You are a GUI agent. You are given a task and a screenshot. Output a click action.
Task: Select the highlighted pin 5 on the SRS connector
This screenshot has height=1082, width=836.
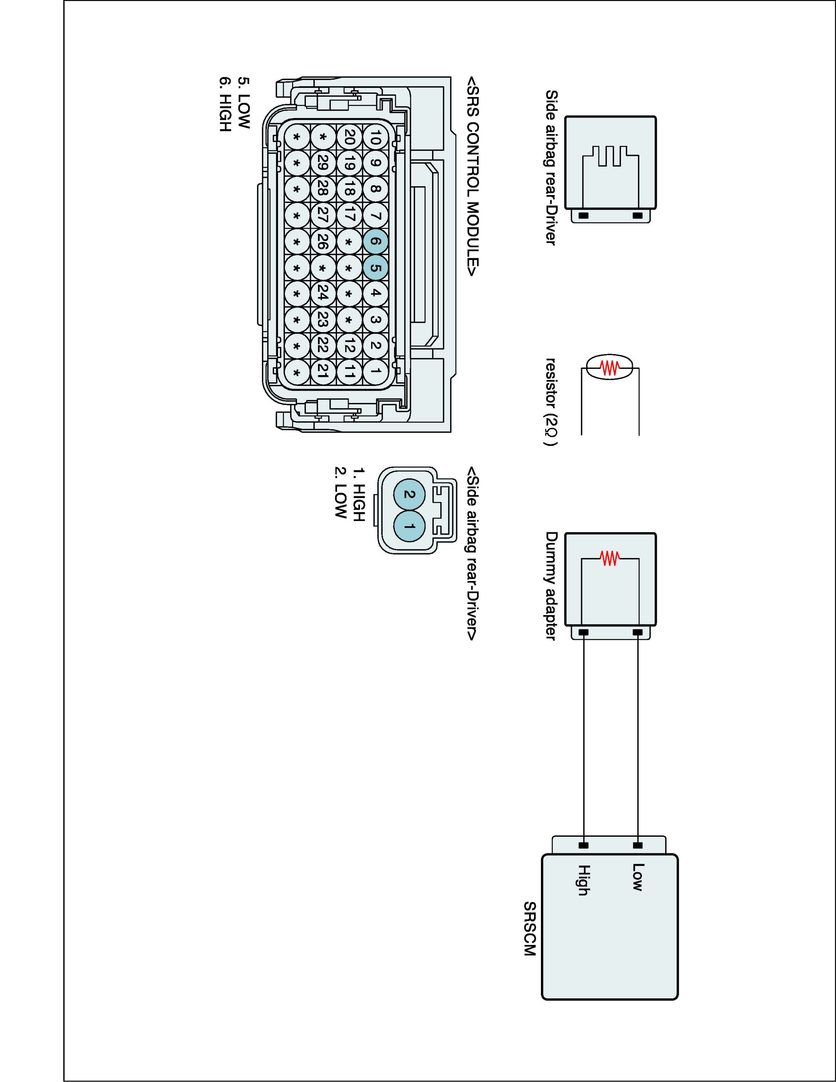coord(375,268)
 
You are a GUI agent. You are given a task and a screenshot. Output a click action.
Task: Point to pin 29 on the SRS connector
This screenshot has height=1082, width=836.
coord(322,163)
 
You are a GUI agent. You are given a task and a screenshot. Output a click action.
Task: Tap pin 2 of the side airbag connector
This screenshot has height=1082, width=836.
coord(409,494)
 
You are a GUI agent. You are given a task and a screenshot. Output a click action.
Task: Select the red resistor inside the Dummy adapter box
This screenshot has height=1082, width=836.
coord(610,558)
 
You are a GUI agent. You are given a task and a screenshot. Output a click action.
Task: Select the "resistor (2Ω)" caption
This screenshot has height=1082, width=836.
coord(551,402)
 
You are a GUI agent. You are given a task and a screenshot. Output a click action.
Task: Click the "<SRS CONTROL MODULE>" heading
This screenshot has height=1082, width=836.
coord(472,176)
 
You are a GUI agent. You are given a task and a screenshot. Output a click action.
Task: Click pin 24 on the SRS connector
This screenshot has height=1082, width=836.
coord(322,294)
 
